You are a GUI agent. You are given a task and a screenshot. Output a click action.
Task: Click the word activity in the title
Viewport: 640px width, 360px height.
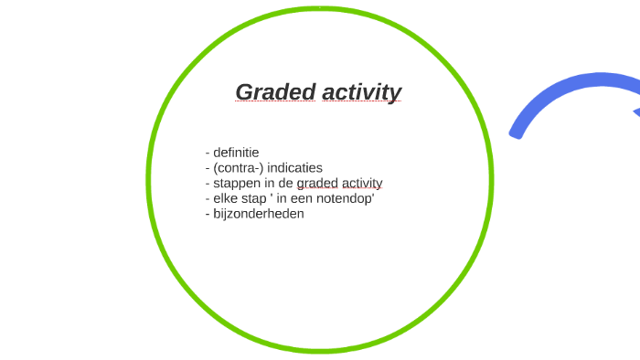pyautogui.click(x=361, y=92)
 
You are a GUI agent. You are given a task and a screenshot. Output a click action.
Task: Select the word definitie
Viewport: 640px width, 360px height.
pyautogui.click(x=237, y=153)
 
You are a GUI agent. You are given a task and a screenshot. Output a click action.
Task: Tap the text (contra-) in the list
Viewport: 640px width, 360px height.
pyautogui.click(x=239, y=168)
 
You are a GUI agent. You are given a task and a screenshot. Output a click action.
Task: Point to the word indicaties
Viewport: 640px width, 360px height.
pyautogui.click(x=295, y=168)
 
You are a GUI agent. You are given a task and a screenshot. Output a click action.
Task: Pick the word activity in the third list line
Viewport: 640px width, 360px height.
pyautogui.click(x=363, y=184)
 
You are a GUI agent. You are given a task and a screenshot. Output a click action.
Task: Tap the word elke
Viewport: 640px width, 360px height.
pyautogui.click(x=226, y=198)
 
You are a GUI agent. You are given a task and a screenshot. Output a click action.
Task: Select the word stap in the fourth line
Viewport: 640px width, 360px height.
pyautogui.click(x=255, y=198)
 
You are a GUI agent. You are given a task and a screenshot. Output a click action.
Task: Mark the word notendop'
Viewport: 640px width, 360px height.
pyautogui.click(x=343, y=198)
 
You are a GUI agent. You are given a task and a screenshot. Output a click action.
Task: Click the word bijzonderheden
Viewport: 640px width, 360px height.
pyautogui.click(x=259, y=214)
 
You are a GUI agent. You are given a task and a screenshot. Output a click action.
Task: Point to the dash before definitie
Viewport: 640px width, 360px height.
pyautogui.click(x=208, y=153)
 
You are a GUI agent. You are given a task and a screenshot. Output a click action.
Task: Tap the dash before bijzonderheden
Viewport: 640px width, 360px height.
pyautogui.click(x=208, y=214)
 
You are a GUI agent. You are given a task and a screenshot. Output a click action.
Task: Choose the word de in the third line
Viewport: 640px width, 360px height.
pyautogui.click(x=285, y=184)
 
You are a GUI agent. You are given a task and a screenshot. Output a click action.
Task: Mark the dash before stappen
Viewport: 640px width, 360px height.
pyautogui.click(x=208, y=184)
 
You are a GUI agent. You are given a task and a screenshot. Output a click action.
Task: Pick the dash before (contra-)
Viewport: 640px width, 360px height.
pyautogui.click(x=208, y=168)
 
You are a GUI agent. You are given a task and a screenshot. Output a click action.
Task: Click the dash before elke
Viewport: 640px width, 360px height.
pyautogui.click(x=208, y=198)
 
